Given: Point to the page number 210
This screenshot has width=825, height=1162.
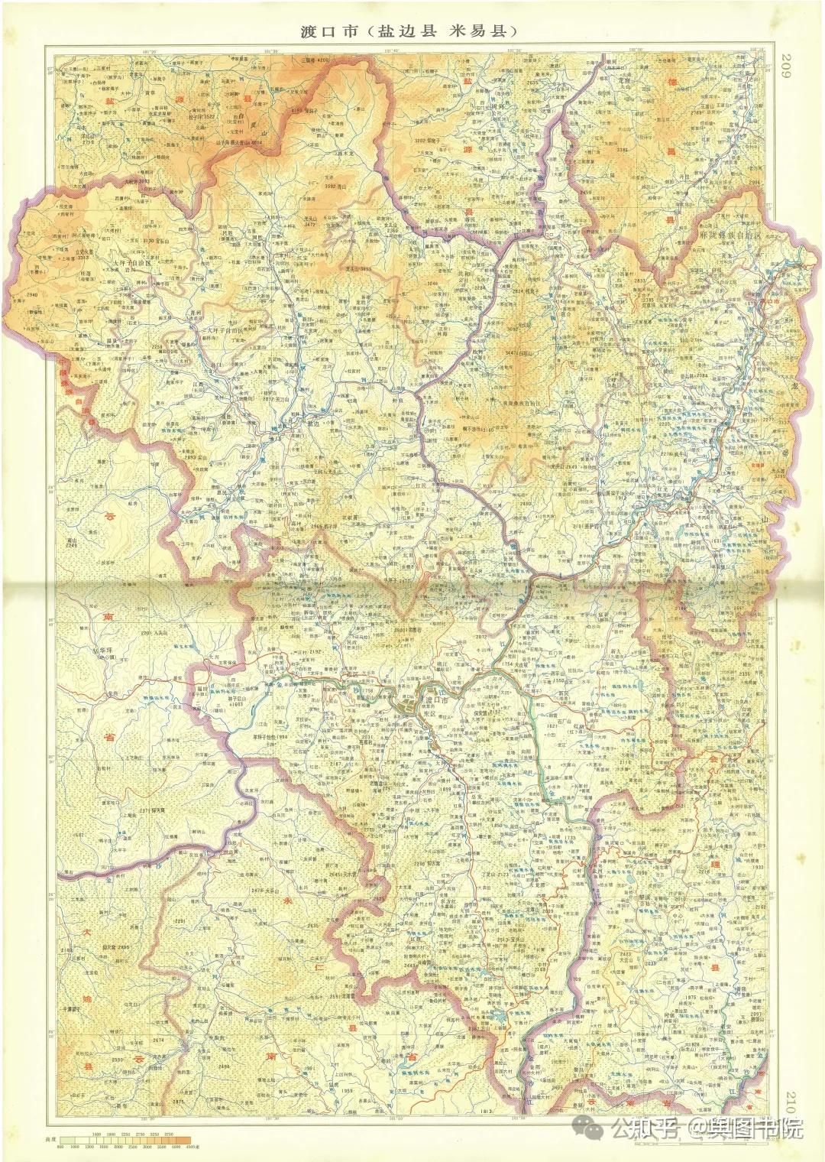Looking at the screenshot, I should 790,1102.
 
